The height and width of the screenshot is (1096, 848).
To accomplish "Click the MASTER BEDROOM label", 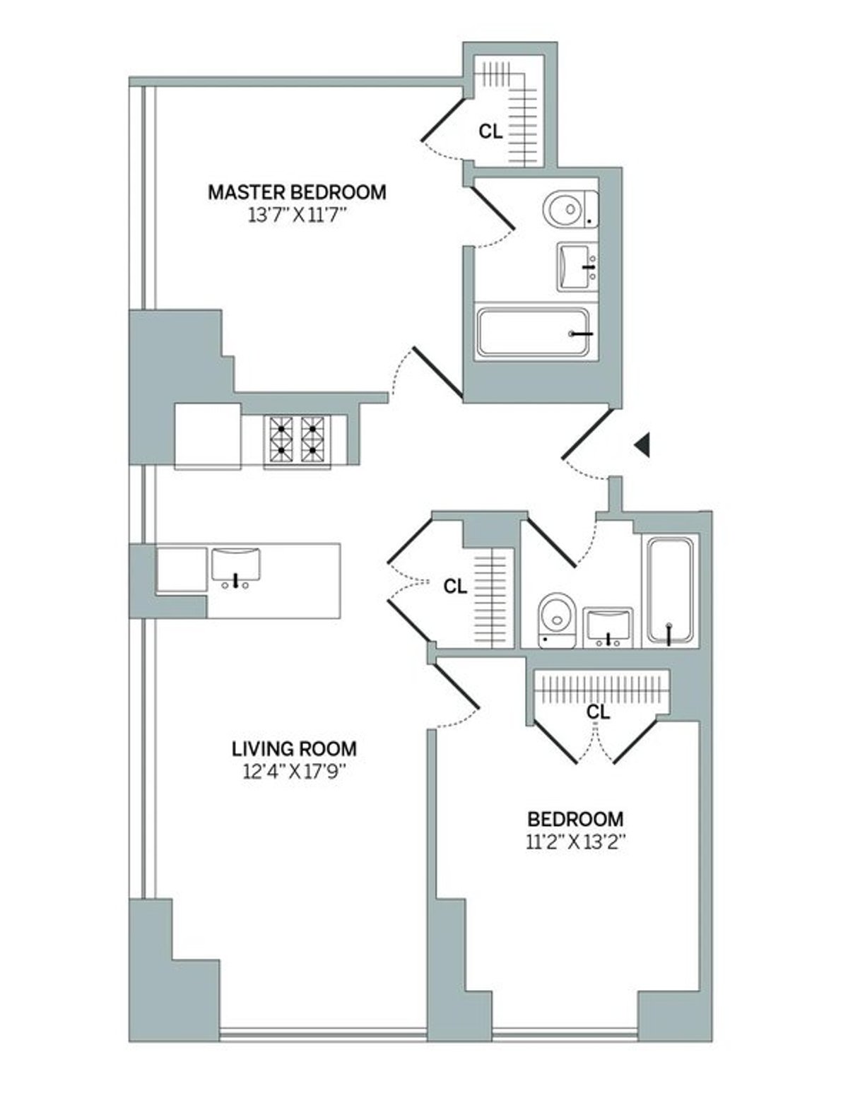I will coord(297,191).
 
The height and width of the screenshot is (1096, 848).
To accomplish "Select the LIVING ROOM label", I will coord(295,748).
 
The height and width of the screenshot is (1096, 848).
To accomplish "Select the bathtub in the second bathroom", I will coord(669,590).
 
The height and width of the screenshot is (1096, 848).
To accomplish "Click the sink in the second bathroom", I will coord(608,626).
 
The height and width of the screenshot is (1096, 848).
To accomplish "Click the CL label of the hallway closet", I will coord(455,586).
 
